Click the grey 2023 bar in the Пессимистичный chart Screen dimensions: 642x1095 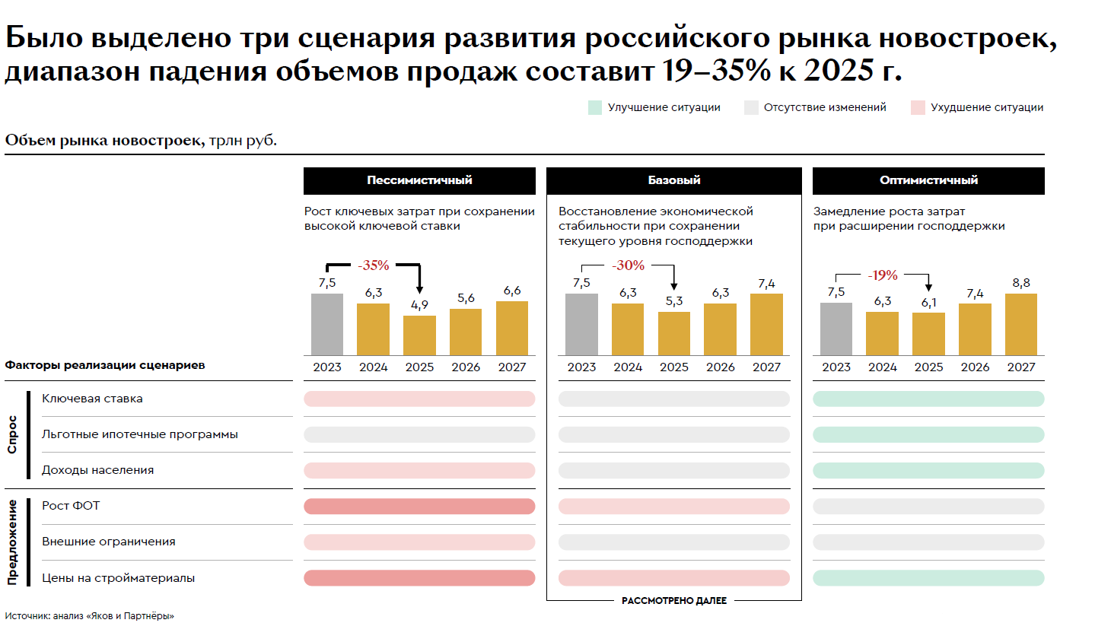[327, 324]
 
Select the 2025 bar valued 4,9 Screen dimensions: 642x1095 [419, 335]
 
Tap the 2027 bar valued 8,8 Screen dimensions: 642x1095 [1021, 324]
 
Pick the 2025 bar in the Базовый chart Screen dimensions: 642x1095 [674, 333]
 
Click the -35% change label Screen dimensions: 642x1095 [374, 265]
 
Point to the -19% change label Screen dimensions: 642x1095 [883, 275]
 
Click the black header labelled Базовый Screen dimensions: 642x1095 [674, 180]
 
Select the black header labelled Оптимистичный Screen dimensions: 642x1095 [928, 180]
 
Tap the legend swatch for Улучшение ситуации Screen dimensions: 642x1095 [595, 107]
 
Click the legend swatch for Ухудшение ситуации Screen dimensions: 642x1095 [918, 107]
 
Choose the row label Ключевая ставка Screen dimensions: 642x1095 [92, 399]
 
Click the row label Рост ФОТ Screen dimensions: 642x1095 [71, 506]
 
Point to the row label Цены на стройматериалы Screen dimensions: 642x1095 [118, 578]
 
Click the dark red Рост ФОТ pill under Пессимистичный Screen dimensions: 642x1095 [419, 507]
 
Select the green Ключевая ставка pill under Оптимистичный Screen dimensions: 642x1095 [928, 399]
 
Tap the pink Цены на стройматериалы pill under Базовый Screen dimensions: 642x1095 [674, 578]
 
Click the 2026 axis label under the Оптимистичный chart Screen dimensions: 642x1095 [975, 367]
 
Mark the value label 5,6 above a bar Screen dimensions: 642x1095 [466, 298]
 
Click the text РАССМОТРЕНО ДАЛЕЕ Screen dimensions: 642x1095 [674, 601]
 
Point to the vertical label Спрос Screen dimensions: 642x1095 [12, 434]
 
